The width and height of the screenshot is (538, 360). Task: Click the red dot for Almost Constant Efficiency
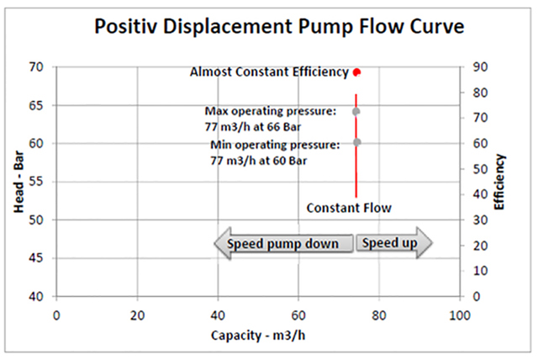[356, 72]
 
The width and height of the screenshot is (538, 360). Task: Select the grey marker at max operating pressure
[356, 111]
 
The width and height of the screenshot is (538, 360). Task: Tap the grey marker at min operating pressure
[356, 142]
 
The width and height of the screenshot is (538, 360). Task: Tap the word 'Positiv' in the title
[130, 27]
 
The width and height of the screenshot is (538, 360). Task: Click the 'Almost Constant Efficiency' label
[269, 72]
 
